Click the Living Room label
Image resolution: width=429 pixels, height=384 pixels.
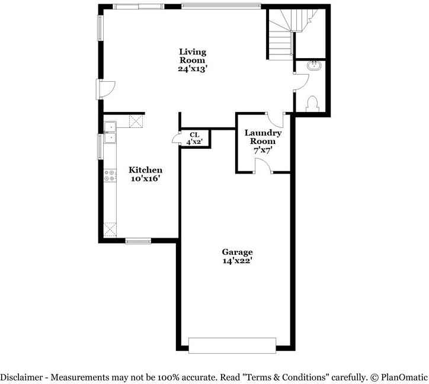[x=193, y=56]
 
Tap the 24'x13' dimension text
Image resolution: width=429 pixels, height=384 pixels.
[x=193, y=68]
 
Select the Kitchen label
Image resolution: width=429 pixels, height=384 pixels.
[x=146, y=170]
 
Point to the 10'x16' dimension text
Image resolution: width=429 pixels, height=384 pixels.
[x=146, y=178]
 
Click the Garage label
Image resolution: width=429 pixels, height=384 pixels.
[x=237, y=252]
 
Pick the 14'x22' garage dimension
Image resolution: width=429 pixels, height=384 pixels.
[x=237, y=260]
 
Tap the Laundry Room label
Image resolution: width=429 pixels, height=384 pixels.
[x=263, y=137]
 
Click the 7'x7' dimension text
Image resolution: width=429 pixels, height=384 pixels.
[x=263, y=151]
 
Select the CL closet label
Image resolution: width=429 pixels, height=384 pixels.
[x=194, y=134]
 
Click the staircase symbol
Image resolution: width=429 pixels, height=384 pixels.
[x=281, y=36]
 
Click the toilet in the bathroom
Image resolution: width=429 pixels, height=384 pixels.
[x=313, y=104]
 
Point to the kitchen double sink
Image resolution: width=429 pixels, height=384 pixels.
[x=110, y=132]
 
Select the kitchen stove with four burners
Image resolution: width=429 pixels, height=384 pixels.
[x=110, y=175]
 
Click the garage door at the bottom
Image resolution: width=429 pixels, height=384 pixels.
[x=232, y=345]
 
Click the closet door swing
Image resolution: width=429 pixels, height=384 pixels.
[x=176, y=139]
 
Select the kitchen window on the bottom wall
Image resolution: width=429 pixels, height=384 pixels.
[x=139, y=241]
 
